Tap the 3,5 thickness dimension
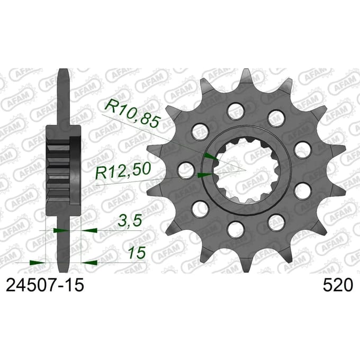tap(129, 221)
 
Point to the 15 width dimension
tap(137, 253)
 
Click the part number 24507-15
tap(45, 285)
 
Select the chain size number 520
tap(338, 285)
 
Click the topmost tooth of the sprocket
tap(246, 77)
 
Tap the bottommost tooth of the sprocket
tap(246, 264)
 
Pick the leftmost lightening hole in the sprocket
tap(186, 170)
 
